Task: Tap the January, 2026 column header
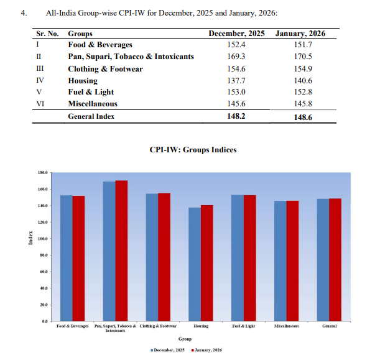[x=300, y=33]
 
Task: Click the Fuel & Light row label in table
[x=91, y=92]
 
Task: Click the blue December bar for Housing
[x=194, y=264]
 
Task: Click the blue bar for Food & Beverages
[x=66, y=258]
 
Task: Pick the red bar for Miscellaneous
[x=292, y=261]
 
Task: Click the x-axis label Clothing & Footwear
[x=159, y=326]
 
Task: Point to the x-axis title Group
[x=185, y=339]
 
